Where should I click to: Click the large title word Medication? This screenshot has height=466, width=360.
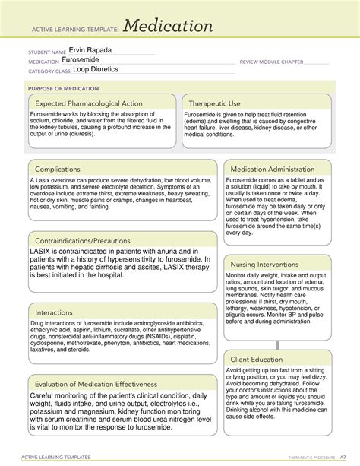(x=169, y=27)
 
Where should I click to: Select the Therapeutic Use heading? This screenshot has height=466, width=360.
(x=216, y=103)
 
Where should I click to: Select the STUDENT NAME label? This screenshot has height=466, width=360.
(x=47, y=52)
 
